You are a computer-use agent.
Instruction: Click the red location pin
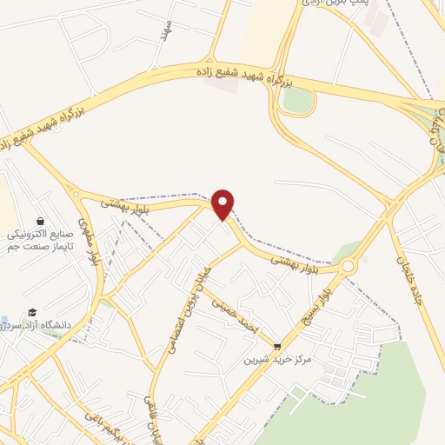[x=223, y=203]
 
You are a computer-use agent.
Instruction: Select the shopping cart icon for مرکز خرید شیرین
[x=277, y=345]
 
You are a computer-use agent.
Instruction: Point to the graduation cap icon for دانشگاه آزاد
[x=32, y=312]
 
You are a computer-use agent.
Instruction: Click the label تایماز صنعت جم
[x=38, y=248]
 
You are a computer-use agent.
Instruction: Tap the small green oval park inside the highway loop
[x=297, y=100]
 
